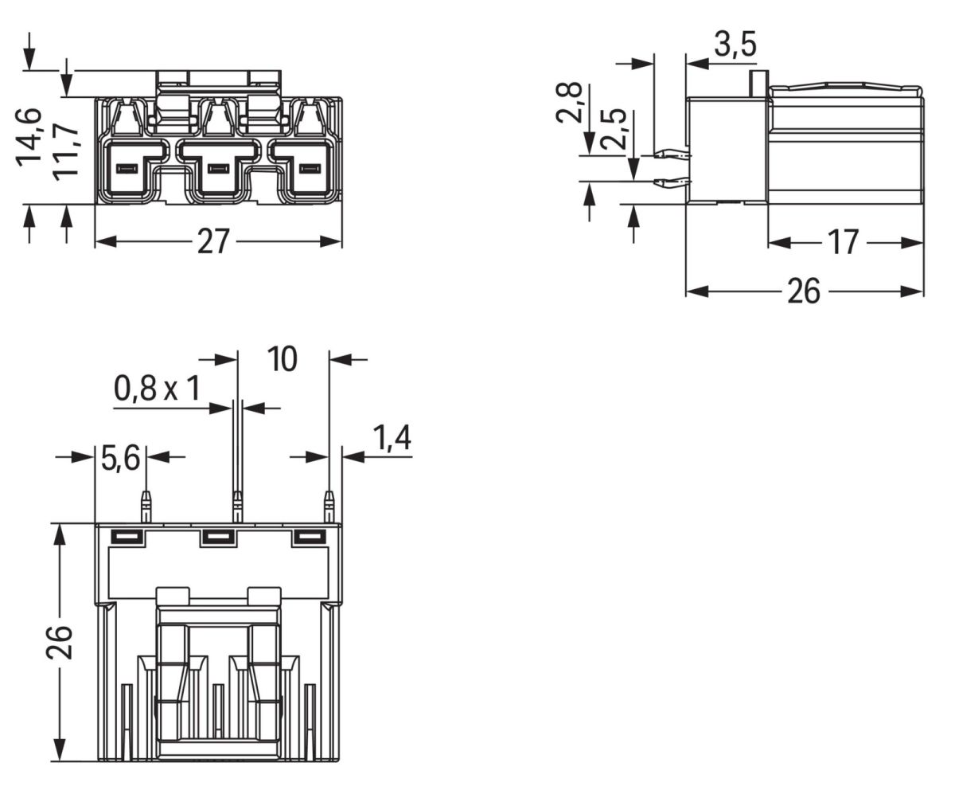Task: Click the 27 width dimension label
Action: click(213, 241)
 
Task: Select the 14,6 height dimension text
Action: click(29, 135)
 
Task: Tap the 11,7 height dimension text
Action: click(66, 151)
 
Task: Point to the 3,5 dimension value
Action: click(735, 45)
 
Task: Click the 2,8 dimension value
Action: click(570, 102)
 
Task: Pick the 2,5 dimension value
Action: click(614, 129)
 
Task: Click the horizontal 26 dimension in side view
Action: click(803, 292)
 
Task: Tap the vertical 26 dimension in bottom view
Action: click(60, 641)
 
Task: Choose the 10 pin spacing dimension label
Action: click(282, 359)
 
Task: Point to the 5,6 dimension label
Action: click(120, 458)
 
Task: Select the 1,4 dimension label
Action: click(392, 438)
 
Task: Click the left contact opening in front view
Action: click(127, 169)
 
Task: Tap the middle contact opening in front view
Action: click(218, 169)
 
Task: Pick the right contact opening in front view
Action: click(310, 169)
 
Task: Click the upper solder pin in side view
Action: click(671, 154)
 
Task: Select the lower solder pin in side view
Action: click(671, 183)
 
